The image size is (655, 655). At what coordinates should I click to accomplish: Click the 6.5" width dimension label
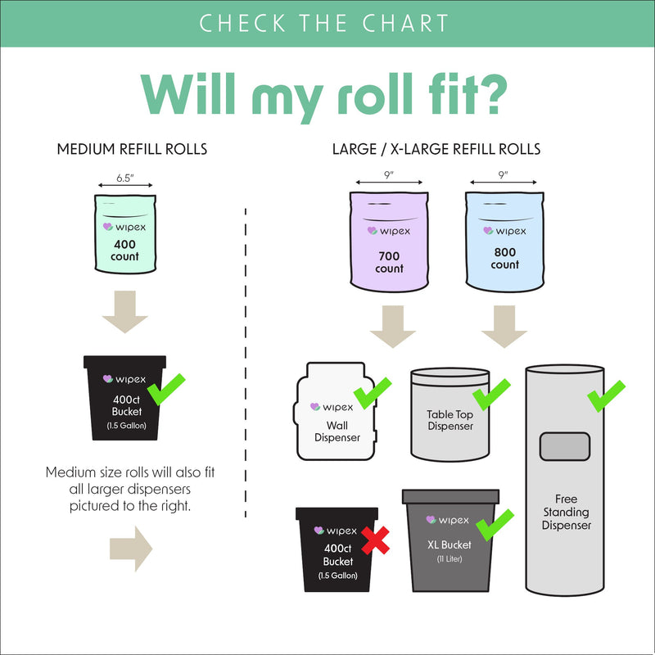point(124,176)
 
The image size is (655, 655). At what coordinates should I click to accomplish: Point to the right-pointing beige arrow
point(131,548)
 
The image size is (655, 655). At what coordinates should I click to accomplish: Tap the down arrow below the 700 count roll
point(392,327)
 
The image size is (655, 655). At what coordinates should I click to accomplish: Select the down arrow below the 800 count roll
point(504,327)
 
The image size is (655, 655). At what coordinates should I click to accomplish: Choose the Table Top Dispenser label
point(449,420)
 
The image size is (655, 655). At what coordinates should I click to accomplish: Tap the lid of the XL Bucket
point(450,496)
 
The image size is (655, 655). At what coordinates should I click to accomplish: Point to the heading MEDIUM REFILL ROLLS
point(131,150)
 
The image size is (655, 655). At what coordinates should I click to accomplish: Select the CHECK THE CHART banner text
point(324,23)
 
